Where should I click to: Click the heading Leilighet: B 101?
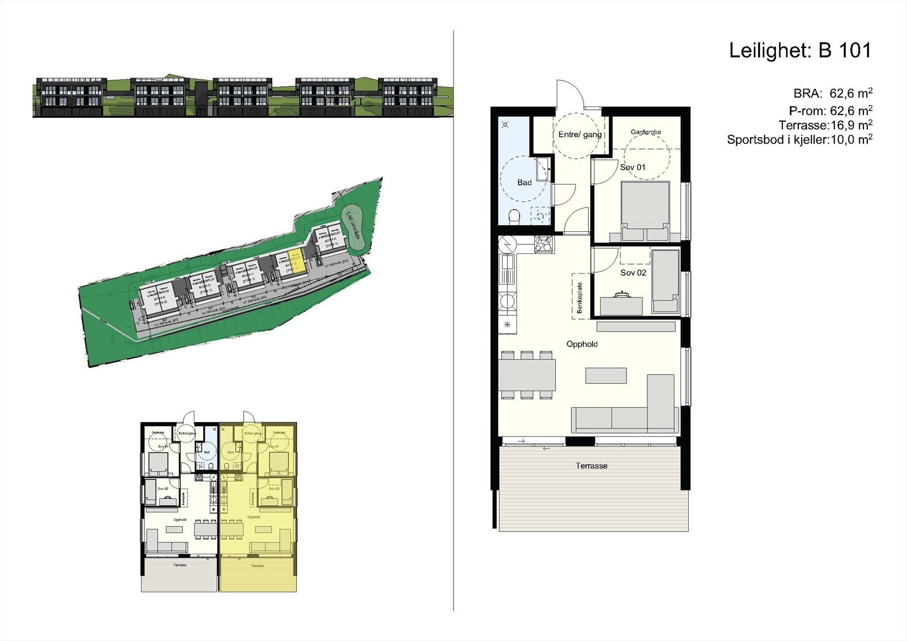[799, 50]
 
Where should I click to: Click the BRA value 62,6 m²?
[850, 94]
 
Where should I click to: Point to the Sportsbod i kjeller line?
[799, 139]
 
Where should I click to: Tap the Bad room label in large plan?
[524, 182]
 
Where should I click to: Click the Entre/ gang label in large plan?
[579, 134]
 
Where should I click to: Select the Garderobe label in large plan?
[646, 132]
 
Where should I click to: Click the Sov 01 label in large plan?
[633, 167]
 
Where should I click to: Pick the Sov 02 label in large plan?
[633, 273]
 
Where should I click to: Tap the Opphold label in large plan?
[582, 344]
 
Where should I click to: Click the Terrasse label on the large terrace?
[591, 466]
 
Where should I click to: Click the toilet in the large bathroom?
[515, 217]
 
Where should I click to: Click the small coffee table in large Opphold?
[606, 375]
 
